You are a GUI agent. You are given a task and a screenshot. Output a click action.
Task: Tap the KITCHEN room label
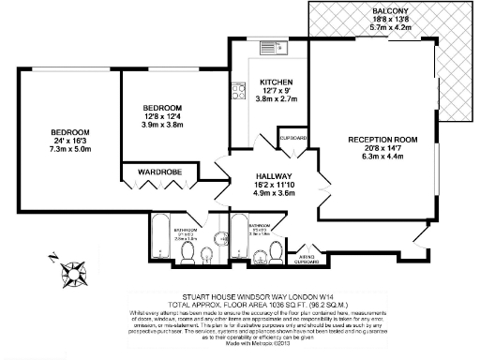tap(277, 82)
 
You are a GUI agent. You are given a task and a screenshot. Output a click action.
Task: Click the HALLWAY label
tap(276, 176)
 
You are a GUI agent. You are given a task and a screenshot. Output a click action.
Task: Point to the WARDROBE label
tap(158, 172)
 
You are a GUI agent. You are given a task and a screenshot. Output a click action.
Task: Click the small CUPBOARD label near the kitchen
tap(293, 138)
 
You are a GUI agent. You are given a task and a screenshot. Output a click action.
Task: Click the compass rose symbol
tap(72, 273)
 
